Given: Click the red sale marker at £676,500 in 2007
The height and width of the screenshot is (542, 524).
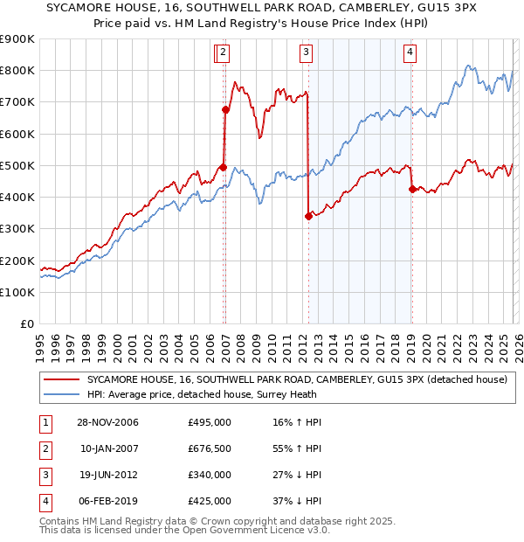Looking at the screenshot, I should tap(225, 109).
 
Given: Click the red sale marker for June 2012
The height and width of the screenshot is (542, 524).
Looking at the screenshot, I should tap(308, 216).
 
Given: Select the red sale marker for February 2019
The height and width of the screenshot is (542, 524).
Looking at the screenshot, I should tap(411, 189).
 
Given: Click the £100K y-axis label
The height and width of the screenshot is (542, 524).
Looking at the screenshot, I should tap(17, 292).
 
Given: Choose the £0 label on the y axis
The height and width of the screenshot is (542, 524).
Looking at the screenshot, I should tap(26, 323).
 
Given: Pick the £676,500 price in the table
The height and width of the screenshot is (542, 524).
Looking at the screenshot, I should tap(210, 448).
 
